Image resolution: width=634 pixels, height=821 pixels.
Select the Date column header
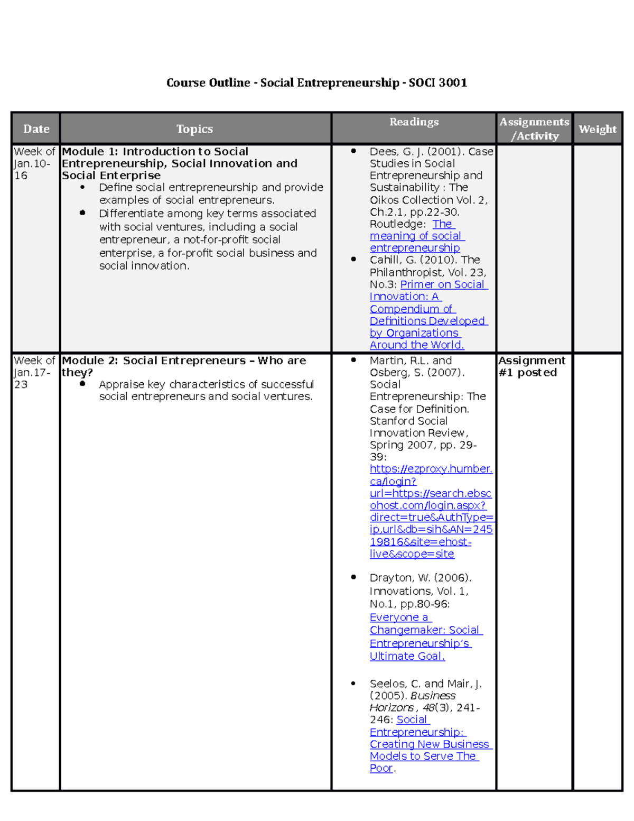(x=36, y=129)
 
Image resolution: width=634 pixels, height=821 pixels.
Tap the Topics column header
(x=194, y=129)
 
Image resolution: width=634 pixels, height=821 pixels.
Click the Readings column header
(x=414, y=122)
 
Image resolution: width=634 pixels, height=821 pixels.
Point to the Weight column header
(x=597, y=129)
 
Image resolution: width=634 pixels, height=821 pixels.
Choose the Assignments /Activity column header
(x=534, y=129)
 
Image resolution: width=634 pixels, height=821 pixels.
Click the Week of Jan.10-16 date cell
(x=34, y=163)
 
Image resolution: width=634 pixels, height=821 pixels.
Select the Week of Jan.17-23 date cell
(x=34, y=372)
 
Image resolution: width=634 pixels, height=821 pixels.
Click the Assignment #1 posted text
(x=531, y=366)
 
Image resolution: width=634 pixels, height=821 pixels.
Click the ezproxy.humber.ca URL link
(x=431, y=511)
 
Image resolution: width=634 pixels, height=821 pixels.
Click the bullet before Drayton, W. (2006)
(x=353, y=577)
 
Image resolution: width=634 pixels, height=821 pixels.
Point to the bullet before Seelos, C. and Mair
(x=353, y=684)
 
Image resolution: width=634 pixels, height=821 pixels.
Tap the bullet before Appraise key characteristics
(x=82, y=384)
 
